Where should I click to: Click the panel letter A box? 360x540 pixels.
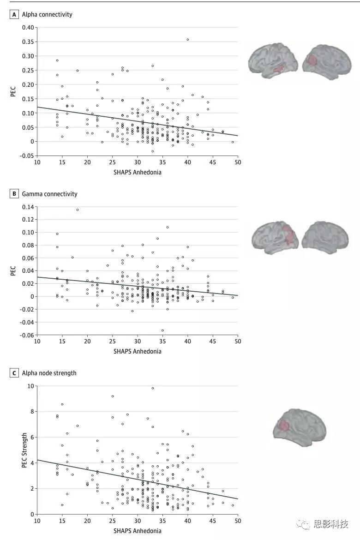click(x=14, y=14)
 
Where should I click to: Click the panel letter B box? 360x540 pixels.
click(x=14, y=194)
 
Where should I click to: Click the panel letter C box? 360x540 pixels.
click(x=14, y=373)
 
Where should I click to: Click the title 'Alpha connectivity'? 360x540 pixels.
click(x=47, y=14)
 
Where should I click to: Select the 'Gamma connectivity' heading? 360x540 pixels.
click(x=50, y=194)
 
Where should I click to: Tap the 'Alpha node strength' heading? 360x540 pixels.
click(x=49, y=373)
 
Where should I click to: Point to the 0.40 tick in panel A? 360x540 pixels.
click(x=28, y=28)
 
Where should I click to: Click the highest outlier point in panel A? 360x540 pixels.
click(x=188, y=40)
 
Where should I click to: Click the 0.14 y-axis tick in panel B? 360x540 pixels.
click(x=28, y=207)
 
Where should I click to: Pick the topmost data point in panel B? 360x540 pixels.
click(x=78, y=210)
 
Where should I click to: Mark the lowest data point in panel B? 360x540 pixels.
click(x=162, y=330)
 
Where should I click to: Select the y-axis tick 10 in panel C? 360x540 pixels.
click(x=30, y=386)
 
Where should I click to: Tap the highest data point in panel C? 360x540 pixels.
click(x=153, y=388)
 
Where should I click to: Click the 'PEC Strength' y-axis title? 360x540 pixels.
click(x=24, y=450)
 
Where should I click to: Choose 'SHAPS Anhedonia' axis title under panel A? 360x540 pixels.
click(x=138, y=173)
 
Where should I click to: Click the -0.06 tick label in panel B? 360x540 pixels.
click(x=27, y=335)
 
